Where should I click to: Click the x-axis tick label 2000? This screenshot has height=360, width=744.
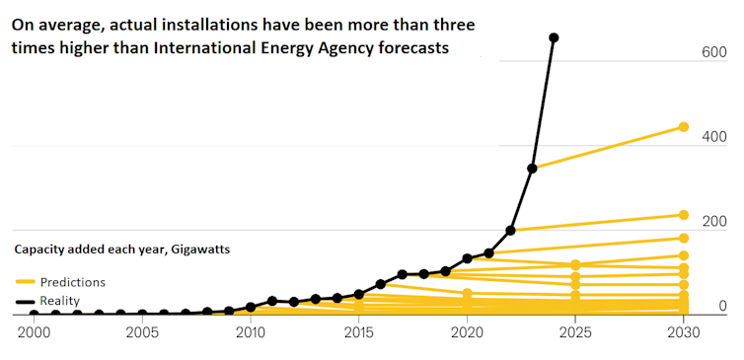[x=35, y=333]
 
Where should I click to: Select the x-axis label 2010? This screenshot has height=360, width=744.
[x=251, y=333]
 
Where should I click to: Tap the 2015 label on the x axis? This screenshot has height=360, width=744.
[x=359, y=333]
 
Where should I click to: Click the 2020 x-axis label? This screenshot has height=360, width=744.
[x=467, y=333]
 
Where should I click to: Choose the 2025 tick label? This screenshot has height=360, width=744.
[x=575, y=333]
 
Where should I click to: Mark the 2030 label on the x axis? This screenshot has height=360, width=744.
[x=683, y=333]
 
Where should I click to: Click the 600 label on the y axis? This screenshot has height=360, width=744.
[x=714, y=51]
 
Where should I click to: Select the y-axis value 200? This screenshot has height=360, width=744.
[x=714, y=221]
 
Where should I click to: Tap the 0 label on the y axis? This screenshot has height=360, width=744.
[x=722, y=306]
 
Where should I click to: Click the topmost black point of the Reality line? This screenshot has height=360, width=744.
[x=554, y=38]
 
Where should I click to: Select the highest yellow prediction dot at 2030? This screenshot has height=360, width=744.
[x=683, y=127]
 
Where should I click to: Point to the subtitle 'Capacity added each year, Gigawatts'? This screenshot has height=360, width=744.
[x=121, y=251]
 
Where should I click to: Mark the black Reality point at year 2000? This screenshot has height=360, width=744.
[x=35, y=315]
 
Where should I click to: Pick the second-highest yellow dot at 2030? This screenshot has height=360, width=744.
[x=683, y=215]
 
